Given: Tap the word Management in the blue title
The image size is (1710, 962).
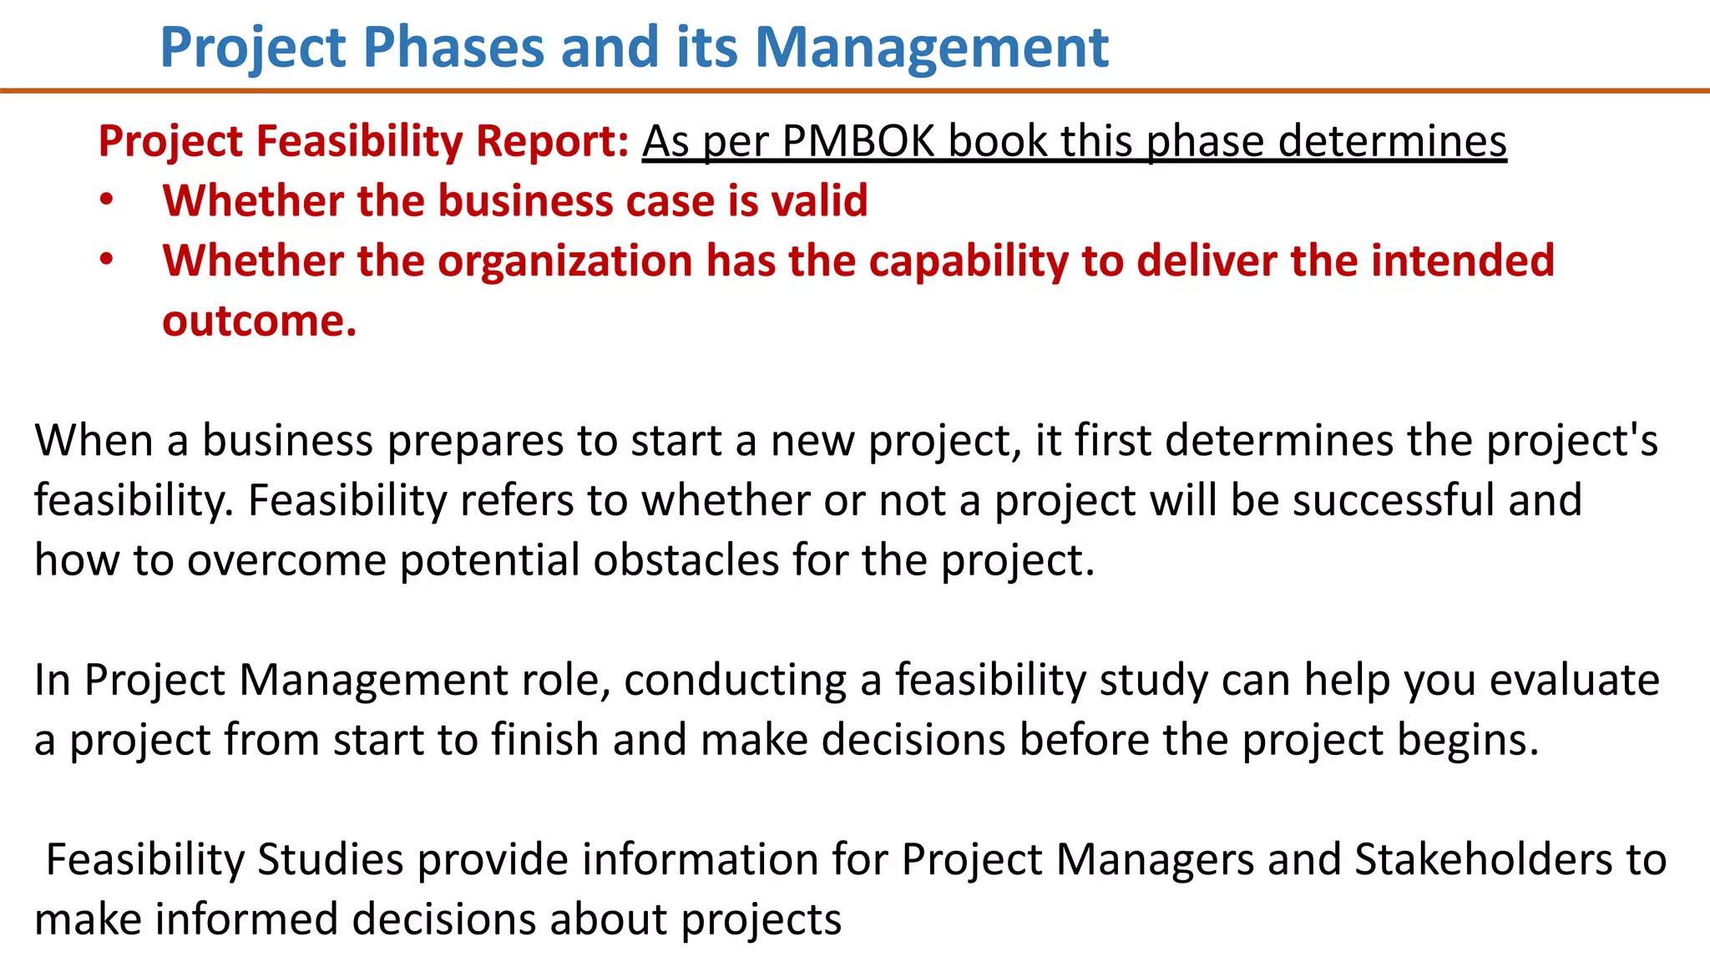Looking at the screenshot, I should [x=931, y=47].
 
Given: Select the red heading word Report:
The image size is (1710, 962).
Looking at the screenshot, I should [x=552, y=140].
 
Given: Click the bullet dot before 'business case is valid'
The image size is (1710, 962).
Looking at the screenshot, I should [x=106, y=200].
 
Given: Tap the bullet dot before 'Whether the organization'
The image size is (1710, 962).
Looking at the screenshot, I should [x=106, y=261].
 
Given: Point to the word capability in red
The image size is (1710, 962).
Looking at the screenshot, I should [x=968, y=261].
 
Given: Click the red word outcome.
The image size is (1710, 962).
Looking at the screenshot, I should [x=259, y=322].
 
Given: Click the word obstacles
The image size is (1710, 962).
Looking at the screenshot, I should [x=686, y=559].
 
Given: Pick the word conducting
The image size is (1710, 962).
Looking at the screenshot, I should [x=735, y=680].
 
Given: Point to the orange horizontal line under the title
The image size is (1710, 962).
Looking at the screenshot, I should [x=855, y=90].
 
